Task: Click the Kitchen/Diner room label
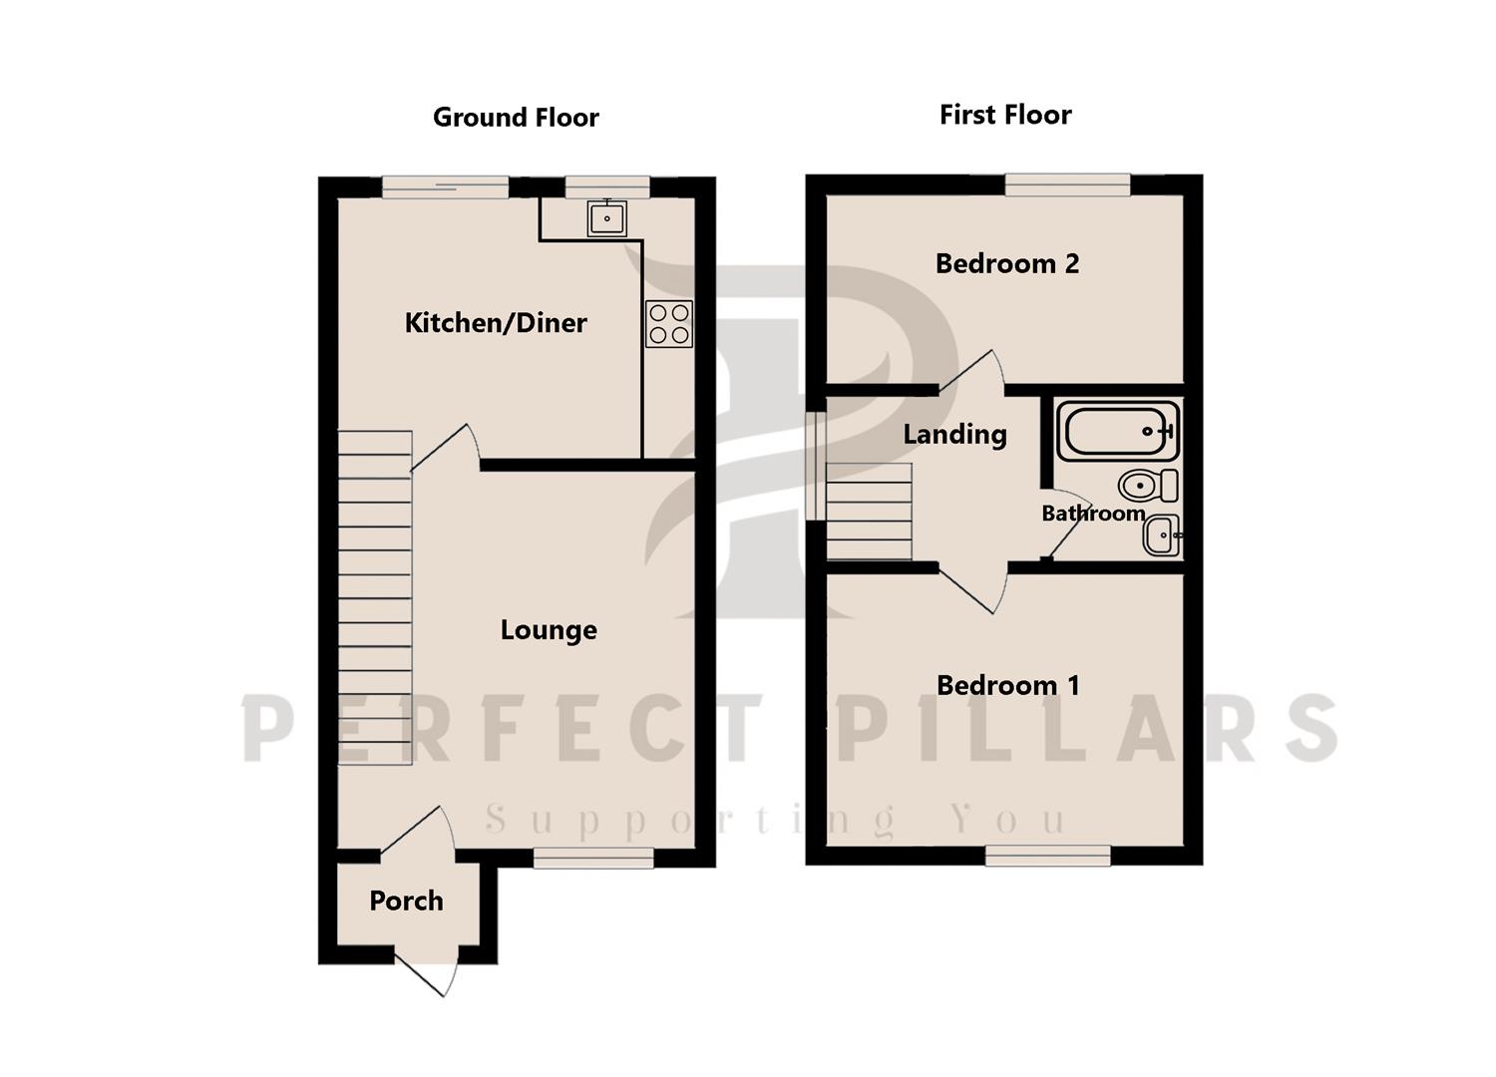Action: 496,323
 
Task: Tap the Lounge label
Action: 549,630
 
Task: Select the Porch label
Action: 406,901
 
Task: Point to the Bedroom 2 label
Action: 1007,263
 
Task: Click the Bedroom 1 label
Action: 1007,686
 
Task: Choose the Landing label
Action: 955,435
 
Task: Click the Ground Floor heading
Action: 516,118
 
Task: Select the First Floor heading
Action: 1005,115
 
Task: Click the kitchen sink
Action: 607,218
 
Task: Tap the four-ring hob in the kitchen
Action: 669,324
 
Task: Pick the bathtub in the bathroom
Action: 1118,432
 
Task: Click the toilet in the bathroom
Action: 1148,486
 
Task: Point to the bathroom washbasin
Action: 1162,536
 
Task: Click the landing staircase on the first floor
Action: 869,512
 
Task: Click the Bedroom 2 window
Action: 1068,184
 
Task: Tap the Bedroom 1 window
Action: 1048,856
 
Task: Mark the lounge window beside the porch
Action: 593,858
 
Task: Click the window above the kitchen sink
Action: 607,186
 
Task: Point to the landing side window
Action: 816,466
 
